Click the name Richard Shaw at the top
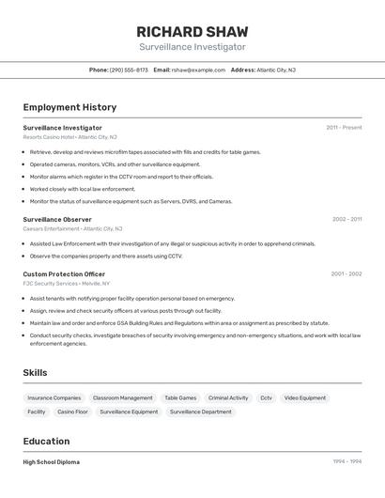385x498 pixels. click(192, 31)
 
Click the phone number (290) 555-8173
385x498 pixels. click(129, 70)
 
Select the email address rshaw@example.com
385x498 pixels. click(198, 70)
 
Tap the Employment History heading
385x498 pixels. click(69, 107)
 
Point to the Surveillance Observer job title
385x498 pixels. click(57, 219)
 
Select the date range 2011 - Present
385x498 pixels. click(344, 128)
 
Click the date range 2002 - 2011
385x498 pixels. click(346, 219)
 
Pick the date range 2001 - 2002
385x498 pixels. click(346, 273)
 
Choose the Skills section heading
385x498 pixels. click(35, 373)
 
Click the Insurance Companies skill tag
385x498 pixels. click(54, 397)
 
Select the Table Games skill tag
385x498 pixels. click(180, 397)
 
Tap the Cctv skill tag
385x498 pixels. click(266, 397)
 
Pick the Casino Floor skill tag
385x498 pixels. click(72, 412)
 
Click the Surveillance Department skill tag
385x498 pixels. click(200, 412)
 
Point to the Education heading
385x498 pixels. click(46, 441)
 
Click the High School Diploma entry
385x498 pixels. click(51, 462)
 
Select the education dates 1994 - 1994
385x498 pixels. click(346, 462)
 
